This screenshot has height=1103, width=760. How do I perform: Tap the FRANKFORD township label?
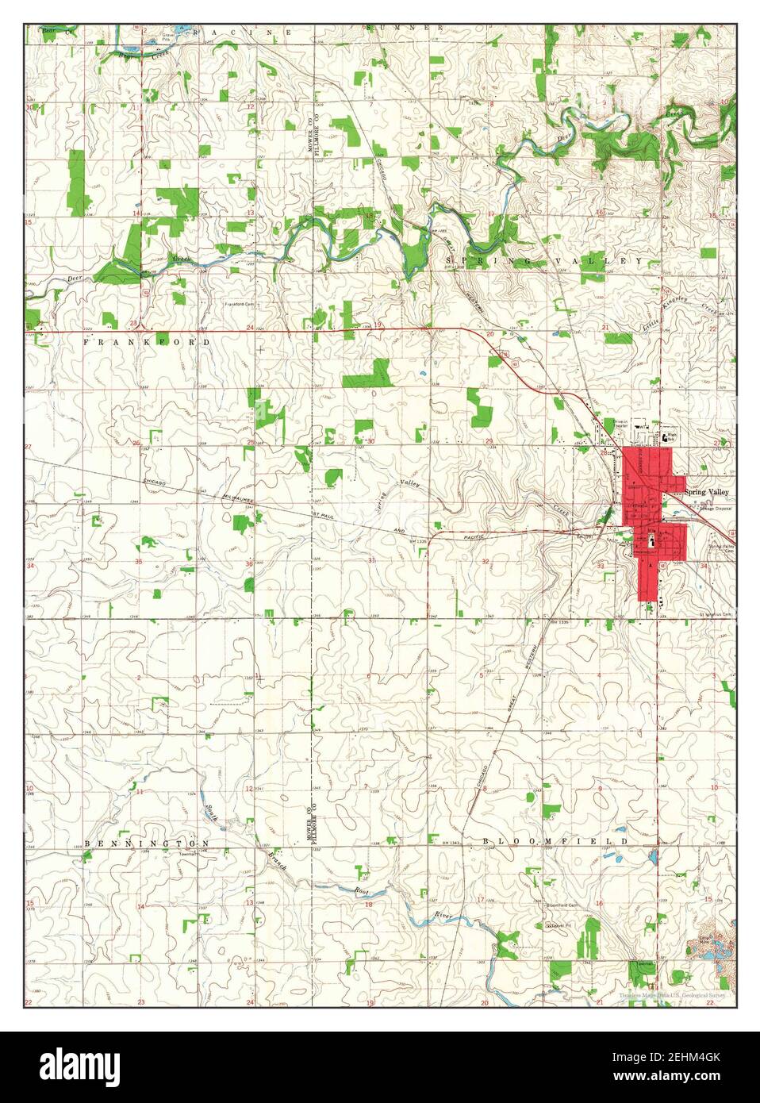148,341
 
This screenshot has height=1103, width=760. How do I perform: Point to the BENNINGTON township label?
148,842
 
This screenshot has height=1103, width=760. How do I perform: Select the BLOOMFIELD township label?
555,840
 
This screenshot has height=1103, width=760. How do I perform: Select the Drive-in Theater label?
625,423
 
